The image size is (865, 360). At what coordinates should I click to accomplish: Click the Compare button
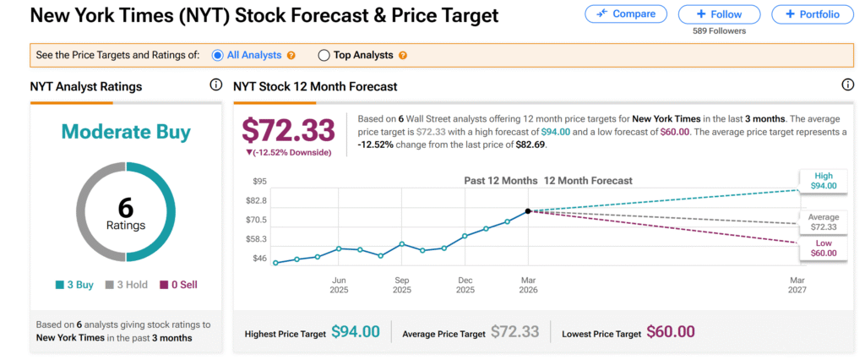(x=625, y=14)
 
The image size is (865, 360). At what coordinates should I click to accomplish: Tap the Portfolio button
(x=812, y=14)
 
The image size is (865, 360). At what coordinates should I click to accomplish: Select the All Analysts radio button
(x=218, y=56)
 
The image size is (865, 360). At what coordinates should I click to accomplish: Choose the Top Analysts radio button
(x=324, y=56)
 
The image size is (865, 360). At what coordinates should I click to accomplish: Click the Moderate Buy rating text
(x=126, y=133)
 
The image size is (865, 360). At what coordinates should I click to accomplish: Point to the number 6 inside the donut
(x=126, y=207)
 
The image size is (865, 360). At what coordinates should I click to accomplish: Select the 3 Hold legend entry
(x=126, y=285)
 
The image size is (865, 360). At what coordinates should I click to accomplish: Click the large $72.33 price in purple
(x=289, y=130)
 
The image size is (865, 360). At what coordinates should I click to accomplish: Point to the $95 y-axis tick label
(x=260, y=182)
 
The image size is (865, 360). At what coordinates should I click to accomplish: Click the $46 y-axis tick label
(x=260, y=258)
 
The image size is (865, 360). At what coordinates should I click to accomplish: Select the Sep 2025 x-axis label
(x=402, y=285)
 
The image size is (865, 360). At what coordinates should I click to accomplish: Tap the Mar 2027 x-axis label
(x=797, y=285)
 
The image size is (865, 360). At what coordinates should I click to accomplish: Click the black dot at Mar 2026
(x=528, y=211)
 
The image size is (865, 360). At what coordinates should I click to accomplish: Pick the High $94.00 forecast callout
(x=824, y=181)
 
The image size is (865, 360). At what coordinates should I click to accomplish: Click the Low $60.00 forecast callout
(x=824, y=248)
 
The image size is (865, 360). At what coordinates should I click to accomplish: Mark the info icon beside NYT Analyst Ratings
(x=215, y=85)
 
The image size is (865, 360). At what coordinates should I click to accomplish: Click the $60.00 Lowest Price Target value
(x=671, y=332)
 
